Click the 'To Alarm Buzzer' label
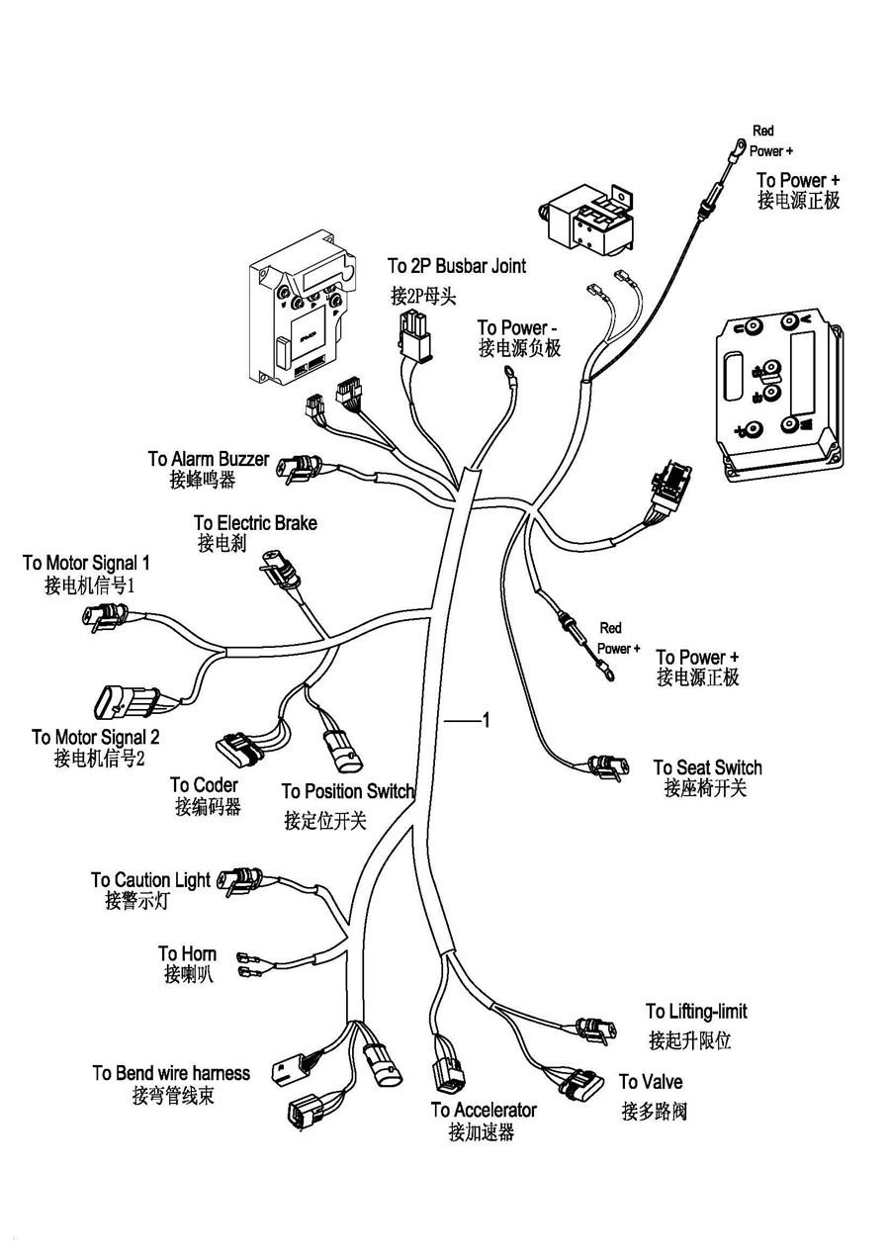(x=208, y=460)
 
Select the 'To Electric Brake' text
(x=255, y=523)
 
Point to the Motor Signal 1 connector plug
(x=101, y=617)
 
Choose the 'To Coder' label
(x=204, y=785)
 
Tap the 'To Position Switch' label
(x=347, y=791)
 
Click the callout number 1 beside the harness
(x=486, y=720)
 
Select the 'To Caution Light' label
(x=150, y=880)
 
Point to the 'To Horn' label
(x=187, y=954)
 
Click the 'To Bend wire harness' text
(x=171, y=1073)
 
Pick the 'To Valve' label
(x=651, y=1082)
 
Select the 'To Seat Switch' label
(x=707, y=767)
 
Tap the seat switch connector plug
(x=602, y=766)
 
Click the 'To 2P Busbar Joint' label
(x=456, y=266)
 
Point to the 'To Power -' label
(x=518, y=327)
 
